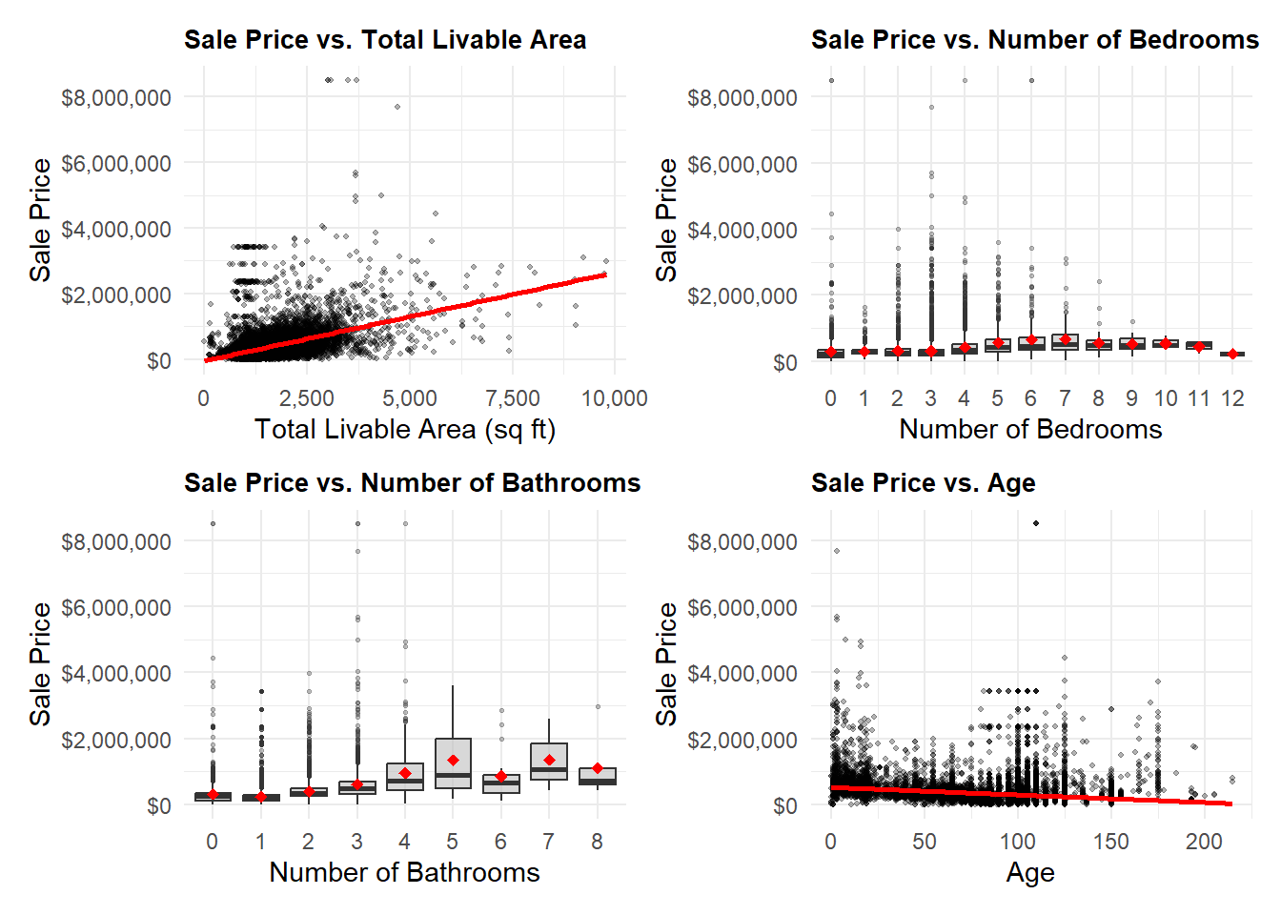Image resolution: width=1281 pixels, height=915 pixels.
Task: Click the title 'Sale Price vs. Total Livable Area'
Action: coord(385,40)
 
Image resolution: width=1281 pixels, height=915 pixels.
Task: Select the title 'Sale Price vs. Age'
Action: coord(923,483)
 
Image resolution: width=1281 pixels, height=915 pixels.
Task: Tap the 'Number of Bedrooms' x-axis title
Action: coord(1030,430)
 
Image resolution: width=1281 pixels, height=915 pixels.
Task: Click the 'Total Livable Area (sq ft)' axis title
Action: coord(405,430)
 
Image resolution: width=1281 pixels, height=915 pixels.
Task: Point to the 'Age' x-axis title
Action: coord(1030,873)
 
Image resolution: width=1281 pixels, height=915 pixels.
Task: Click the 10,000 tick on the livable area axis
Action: coord(615,398)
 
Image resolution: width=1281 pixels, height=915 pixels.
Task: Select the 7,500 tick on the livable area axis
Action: coord(513,398)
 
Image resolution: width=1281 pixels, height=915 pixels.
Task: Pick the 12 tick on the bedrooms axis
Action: coord(1232,398)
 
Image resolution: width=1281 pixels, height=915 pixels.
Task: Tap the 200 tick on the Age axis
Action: coord(1204,842)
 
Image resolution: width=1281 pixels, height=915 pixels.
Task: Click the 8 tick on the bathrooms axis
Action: coord(597,842)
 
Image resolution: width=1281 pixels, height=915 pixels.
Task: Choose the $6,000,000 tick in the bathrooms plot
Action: coord(116,608)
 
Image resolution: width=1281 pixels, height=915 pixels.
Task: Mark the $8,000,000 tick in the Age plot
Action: coord(742,542)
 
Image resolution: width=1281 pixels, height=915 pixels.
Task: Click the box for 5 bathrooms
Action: coord(453,762)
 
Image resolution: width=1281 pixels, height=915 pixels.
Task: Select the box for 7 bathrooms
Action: coord(549,762)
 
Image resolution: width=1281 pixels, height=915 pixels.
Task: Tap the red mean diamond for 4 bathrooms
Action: coord(405,774)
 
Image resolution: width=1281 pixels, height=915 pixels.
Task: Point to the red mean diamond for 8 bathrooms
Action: coord(598,768)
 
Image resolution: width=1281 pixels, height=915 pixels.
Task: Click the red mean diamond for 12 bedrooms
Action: coord(1232,354)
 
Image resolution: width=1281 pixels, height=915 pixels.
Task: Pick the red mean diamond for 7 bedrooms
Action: coord(1066,339)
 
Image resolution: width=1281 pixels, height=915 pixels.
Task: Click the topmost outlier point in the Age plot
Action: coord(1036,523)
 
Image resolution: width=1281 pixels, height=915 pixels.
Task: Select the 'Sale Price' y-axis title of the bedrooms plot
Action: coord(666,220)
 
